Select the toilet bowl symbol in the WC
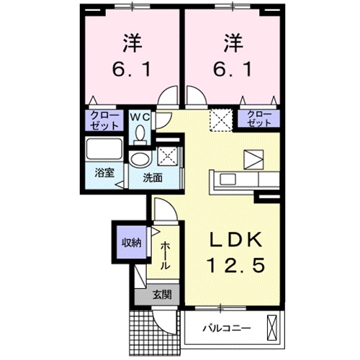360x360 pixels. coord(140,132)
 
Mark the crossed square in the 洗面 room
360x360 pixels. coord(167,153)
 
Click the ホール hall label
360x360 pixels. coord(165,255)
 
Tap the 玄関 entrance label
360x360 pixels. coord(161,294)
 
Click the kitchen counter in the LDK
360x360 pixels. coord(242,179)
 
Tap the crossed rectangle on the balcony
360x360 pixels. coord(272,328)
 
